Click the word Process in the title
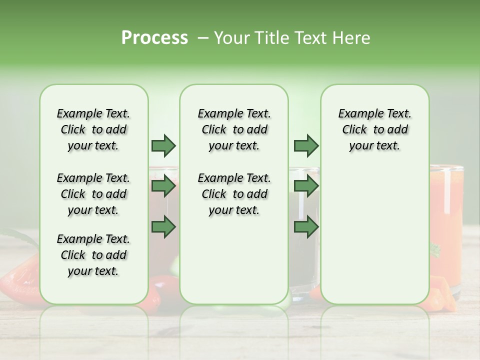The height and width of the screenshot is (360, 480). pyautogui.click(x=154, y=38)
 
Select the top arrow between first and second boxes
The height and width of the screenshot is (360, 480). pyautogui.click(x=163, y=145)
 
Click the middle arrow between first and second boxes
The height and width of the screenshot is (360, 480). pyautogui.click(x=163, y=186)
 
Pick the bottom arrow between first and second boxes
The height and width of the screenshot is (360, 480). pyautogui.click(x=163, y=227)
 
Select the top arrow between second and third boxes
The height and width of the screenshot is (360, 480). pyautogui.click(x=306, y=145)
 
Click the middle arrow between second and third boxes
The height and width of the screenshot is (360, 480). pyautogui.click(x=306, y=186)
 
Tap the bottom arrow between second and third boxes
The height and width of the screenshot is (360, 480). pyautogui.click(x=306, y=227)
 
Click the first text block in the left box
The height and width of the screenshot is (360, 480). pyautogui.click(x=93, y=129)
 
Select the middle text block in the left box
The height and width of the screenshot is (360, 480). pyautogui.click(x=93, y=194)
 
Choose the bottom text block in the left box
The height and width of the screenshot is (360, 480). pyautogui.click(x=93, y=255)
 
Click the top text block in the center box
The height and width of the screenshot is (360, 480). pyautogui.click(x=234, y=129)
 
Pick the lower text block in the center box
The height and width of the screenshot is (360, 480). pyautogui.click(x=234, y=194)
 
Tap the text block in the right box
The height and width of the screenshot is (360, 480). pyautogui.click(x=374, y=129)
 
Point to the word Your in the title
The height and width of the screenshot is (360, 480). pyautogui.click(x=232, y=38)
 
